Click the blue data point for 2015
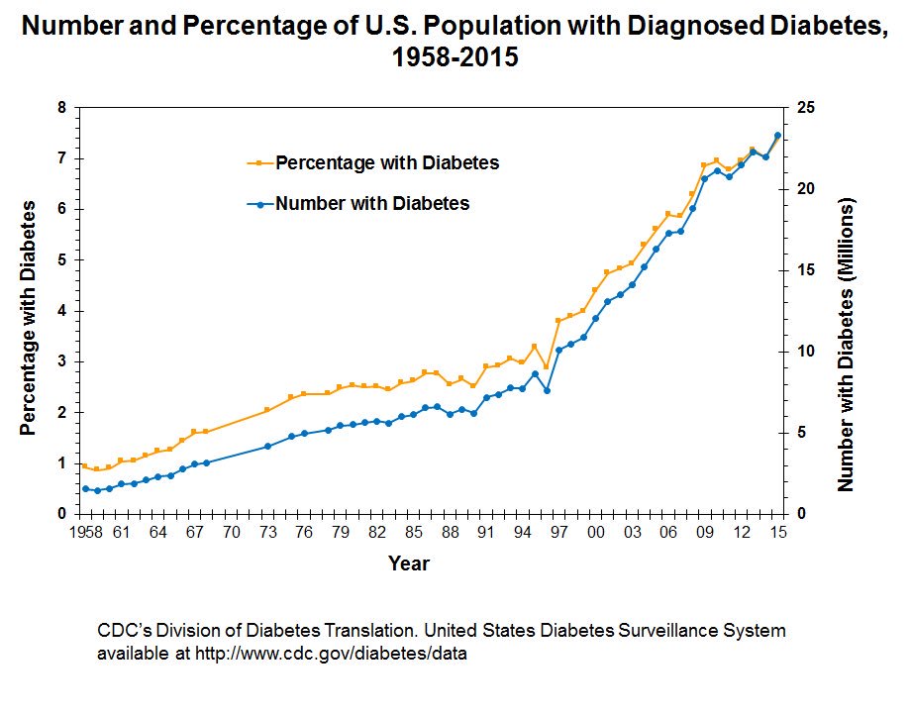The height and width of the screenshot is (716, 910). [777, 135]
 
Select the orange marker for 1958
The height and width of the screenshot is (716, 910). [85, 465]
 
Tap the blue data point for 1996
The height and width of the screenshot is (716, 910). [547, 390]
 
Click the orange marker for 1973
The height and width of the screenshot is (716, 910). [267, 410]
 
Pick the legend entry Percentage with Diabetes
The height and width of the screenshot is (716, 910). [387, 162]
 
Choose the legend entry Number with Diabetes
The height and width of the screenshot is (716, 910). [372, 204]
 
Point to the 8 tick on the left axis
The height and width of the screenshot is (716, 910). [64, 108]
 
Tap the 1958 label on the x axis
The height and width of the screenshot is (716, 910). [85, 534]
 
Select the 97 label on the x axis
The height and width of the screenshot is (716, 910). [559, 534]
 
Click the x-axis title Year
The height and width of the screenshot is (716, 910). [408, 563]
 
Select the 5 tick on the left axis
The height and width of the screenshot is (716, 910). [64, 260]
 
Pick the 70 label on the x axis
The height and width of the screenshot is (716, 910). [231, 534]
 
